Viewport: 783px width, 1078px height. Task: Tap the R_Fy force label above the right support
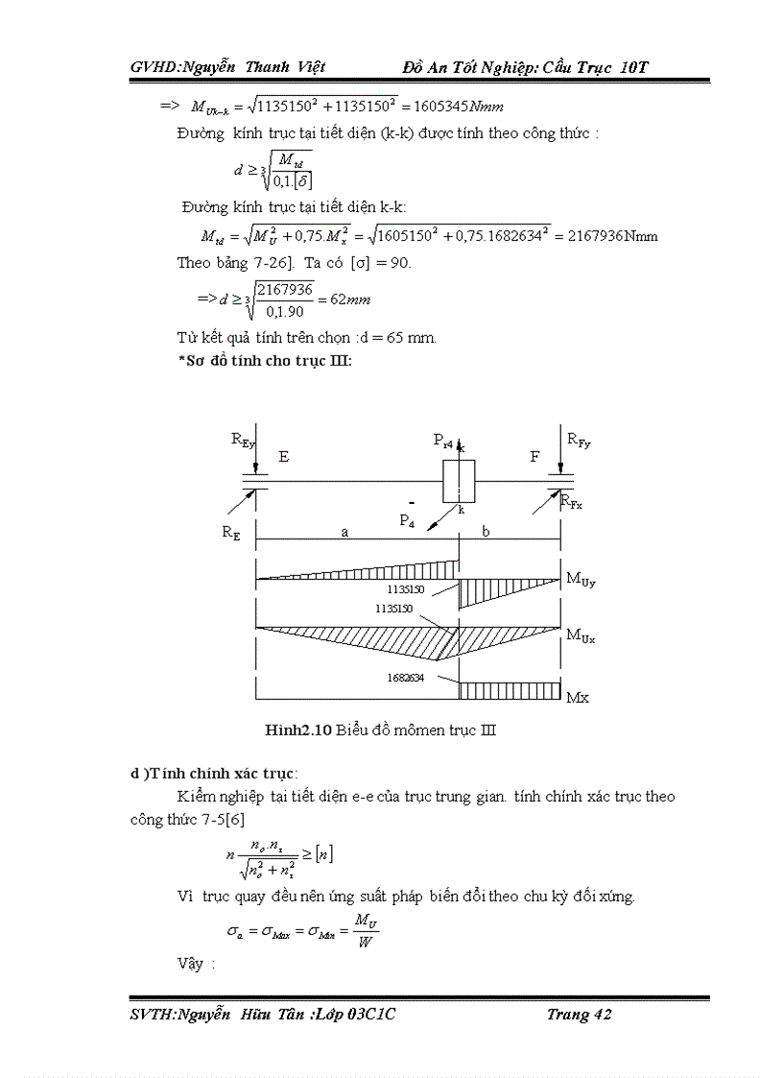click(579, 440)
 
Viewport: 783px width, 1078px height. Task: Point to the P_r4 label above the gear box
click(444, 441)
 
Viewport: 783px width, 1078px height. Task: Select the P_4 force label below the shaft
click(409, 520)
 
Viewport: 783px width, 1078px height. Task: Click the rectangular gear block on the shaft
click(459, 480)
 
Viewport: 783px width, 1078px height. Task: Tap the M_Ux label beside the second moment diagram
click(581, 635)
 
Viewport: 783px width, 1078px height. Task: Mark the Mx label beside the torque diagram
click(578, 698)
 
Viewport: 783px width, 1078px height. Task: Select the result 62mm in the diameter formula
click(350, 299)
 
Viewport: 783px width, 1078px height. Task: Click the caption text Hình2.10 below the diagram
click(298, 730)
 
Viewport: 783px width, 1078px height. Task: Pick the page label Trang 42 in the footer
click(579, 1015)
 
